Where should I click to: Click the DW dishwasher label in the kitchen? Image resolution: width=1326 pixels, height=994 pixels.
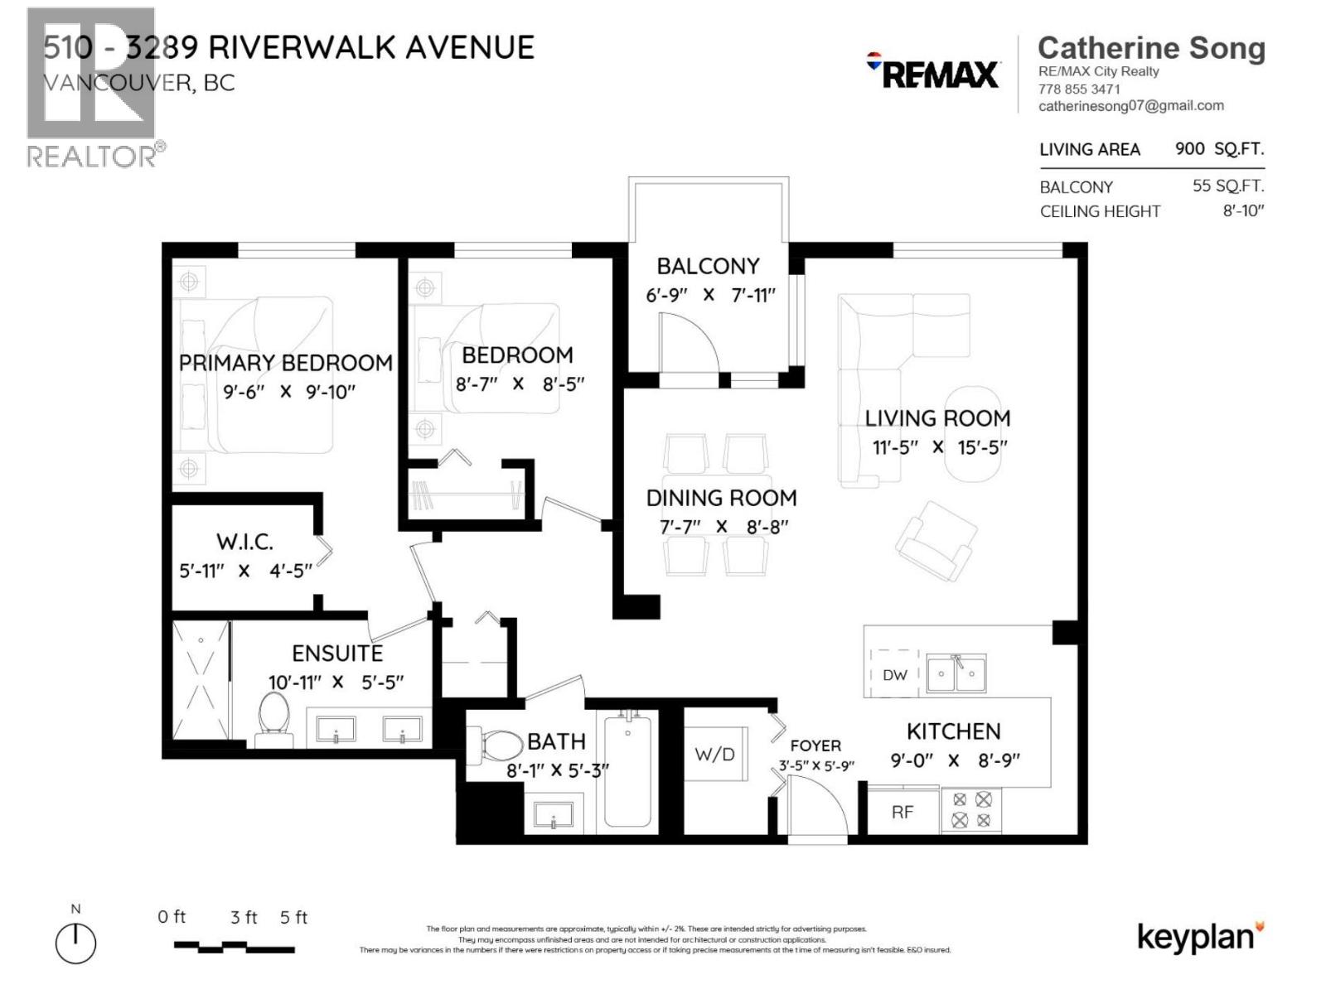pos(895,675)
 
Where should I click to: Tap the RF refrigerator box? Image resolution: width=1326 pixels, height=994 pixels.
pos(903,812)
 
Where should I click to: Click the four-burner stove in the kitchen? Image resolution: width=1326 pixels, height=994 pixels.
pos(971,810)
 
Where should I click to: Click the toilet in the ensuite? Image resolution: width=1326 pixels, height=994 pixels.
pos(273,722)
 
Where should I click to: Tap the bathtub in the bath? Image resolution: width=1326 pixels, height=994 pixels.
pos(627,771)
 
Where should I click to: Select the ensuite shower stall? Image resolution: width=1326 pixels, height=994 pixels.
pos(200,680)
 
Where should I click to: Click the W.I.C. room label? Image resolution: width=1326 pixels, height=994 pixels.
pos(244,542)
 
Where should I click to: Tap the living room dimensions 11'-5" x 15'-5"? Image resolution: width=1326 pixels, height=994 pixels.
pos(939,447)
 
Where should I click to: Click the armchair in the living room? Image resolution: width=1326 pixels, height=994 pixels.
pos(936,541)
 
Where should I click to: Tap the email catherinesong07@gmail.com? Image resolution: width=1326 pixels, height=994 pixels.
pos(1130,106)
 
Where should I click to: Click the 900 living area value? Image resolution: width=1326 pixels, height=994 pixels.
pos(1189,149)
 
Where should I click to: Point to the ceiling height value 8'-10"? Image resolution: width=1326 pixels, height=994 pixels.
pos(1243,210)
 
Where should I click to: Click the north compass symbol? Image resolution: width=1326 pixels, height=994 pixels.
pos(75,943)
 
